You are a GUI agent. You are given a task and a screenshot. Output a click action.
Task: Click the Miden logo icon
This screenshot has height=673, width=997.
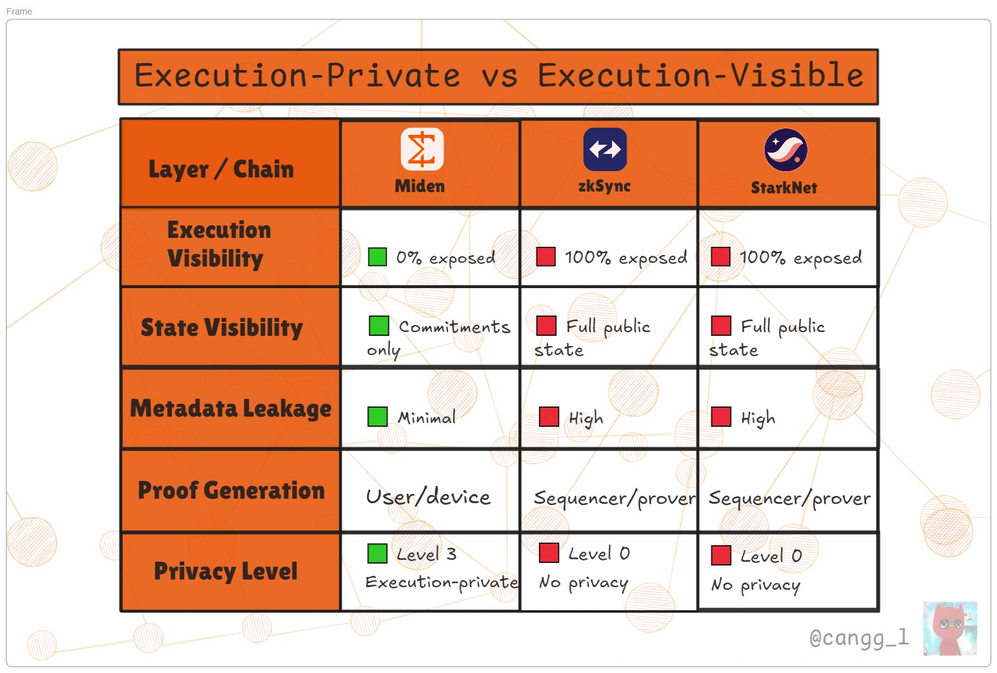422,149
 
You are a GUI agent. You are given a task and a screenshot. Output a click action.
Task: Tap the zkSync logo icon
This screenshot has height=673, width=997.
604,149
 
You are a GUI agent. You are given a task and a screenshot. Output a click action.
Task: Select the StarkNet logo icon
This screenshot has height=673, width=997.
786,150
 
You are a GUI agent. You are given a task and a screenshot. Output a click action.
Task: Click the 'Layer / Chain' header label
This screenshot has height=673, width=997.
221,169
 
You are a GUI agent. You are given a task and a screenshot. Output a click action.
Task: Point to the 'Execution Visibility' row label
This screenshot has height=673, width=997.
218,244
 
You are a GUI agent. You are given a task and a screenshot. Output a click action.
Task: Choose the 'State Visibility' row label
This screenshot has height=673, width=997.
221,327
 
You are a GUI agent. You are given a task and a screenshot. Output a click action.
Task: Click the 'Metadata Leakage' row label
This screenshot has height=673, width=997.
230,408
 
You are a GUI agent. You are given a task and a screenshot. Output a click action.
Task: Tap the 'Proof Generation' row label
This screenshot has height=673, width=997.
231,490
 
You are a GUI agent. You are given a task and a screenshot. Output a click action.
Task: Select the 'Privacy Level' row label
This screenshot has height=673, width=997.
225,571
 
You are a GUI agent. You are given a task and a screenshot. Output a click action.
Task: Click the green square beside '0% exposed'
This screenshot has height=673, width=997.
377,256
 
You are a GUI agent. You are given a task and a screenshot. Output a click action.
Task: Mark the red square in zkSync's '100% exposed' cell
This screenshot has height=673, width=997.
546,256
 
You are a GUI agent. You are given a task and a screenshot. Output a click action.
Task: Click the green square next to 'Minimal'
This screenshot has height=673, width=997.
377,417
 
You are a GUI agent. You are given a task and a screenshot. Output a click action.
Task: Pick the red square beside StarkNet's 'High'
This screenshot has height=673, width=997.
721,417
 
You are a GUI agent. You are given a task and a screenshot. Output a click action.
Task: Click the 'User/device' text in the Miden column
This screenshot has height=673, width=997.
428,497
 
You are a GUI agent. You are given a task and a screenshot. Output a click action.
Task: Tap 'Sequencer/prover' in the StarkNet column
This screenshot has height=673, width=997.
789,499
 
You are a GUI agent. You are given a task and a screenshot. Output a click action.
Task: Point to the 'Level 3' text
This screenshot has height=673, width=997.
426,554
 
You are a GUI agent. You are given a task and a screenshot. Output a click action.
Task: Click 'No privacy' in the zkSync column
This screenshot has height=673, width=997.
583,583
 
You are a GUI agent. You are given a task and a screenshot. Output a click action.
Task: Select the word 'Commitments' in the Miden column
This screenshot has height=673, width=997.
454,327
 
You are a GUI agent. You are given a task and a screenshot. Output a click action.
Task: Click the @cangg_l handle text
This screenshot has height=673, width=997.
859,637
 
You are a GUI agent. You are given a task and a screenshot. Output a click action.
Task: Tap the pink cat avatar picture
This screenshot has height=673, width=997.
949,628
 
